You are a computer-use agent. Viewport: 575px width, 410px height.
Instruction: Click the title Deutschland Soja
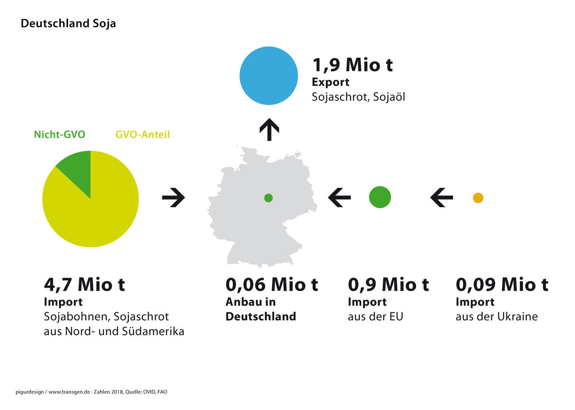pyautogui.click(x=68, y=23)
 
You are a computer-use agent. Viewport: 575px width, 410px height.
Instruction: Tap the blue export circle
pyautogui.click(x=269, y=76)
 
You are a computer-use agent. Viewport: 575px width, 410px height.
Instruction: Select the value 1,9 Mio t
pyautogui.click(x=353, y=65)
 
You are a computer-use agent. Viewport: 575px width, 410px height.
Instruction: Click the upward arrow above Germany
pyautogui.click(x=269, y=129)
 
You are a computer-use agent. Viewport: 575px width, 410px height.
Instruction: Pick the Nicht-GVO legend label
pyautogui.click(x=59, y=134)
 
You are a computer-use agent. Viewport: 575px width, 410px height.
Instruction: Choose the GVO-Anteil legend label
pyautogui.click(x=143, y=134)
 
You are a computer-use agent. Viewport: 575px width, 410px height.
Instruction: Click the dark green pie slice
pyautogui.click(x=76, y=171)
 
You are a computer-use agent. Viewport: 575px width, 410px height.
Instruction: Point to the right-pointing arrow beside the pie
pyautogui.click(x=173, y=198)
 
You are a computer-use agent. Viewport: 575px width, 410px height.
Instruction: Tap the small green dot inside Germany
pyautogui.click(x=268, y=198)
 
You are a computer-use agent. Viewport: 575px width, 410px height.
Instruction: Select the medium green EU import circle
pyautogui.click(x=380, y=197)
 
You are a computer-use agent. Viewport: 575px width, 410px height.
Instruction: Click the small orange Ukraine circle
pyautogui.click(x=478, y=198)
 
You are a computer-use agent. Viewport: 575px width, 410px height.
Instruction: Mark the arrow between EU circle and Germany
pyautogui.click(x=339, y=198)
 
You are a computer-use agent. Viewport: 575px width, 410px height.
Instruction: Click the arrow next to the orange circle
pyautogui.click(x=441, y=198)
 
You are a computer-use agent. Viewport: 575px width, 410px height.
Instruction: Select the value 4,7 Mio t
pyautogui.click(x=84, y=285)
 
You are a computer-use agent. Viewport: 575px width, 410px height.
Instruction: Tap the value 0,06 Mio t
pyautogui.click(x=272, y=285)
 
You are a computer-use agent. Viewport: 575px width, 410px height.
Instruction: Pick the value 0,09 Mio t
pyautogui.click(x=502, y=285)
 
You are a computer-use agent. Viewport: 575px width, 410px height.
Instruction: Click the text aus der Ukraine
pyautogui.click(x=497, y=316)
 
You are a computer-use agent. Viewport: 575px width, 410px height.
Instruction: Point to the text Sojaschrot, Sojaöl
pyautogui.click(x=358, y=97)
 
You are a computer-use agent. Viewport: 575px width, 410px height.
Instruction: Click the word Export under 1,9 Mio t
pyautogui.click(x=330, y=82)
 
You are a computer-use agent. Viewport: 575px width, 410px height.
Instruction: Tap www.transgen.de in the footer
pyautogui.click(x=69, y=392)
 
